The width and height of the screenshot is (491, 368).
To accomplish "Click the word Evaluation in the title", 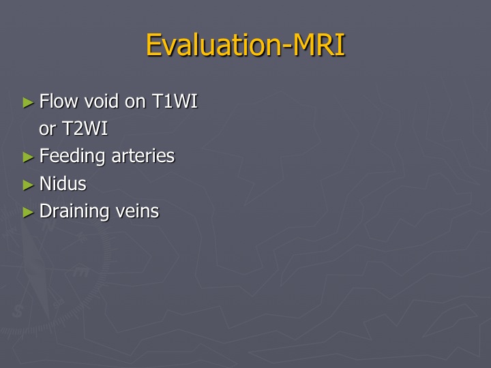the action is point(213,45).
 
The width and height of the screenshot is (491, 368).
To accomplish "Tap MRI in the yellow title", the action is point(318,45).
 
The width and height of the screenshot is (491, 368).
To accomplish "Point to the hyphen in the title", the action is point(286,48).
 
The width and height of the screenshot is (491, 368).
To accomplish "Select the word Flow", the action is point(59,101).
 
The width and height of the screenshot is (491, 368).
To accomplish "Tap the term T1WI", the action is point(175,101).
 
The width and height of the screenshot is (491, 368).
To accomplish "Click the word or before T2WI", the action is point(48,129).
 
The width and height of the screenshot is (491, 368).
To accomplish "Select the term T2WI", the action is point(85,128).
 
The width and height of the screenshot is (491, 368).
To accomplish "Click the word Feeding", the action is point(72,156).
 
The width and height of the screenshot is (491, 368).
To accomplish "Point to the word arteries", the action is point(143,156).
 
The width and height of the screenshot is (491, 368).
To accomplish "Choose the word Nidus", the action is point(63,183).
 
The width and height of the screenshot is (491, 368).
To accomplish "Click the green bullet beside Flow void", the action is point(28,103).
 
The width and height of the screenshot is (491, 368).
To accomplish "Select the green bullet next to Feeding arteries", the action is point(28,157).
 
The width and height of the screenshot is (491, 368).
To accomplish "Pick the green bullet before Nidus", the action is point(28,185).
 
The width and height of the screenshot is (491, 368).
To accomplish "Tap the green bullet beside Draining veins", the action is point(28,213).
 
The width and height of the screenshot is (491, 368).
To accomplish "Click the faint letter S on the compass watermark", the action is point(18,311).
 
